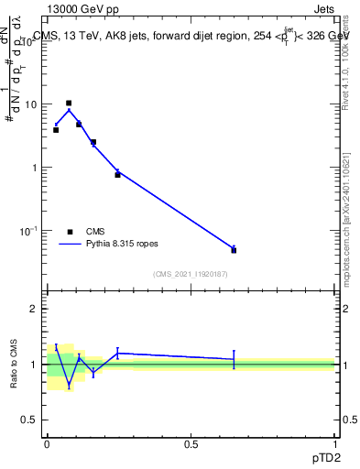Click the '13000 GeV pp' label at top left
tap(82, 9)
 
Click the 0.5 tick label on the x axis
tap(191, 443)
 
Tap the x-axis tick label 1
tap(335, 443)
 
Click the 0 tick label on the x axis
tap(47, 443)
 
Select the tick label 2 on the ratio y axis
tap(35, 310)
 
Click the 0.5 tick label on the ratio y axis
tap(31, 420)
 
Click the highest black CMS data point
tap(69, 104)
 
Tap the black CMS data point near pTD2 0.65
tap(234, 250)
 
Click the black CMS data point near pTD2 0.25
tap(117, 174)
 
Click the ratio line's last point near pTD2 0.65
tap(234, 359)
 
